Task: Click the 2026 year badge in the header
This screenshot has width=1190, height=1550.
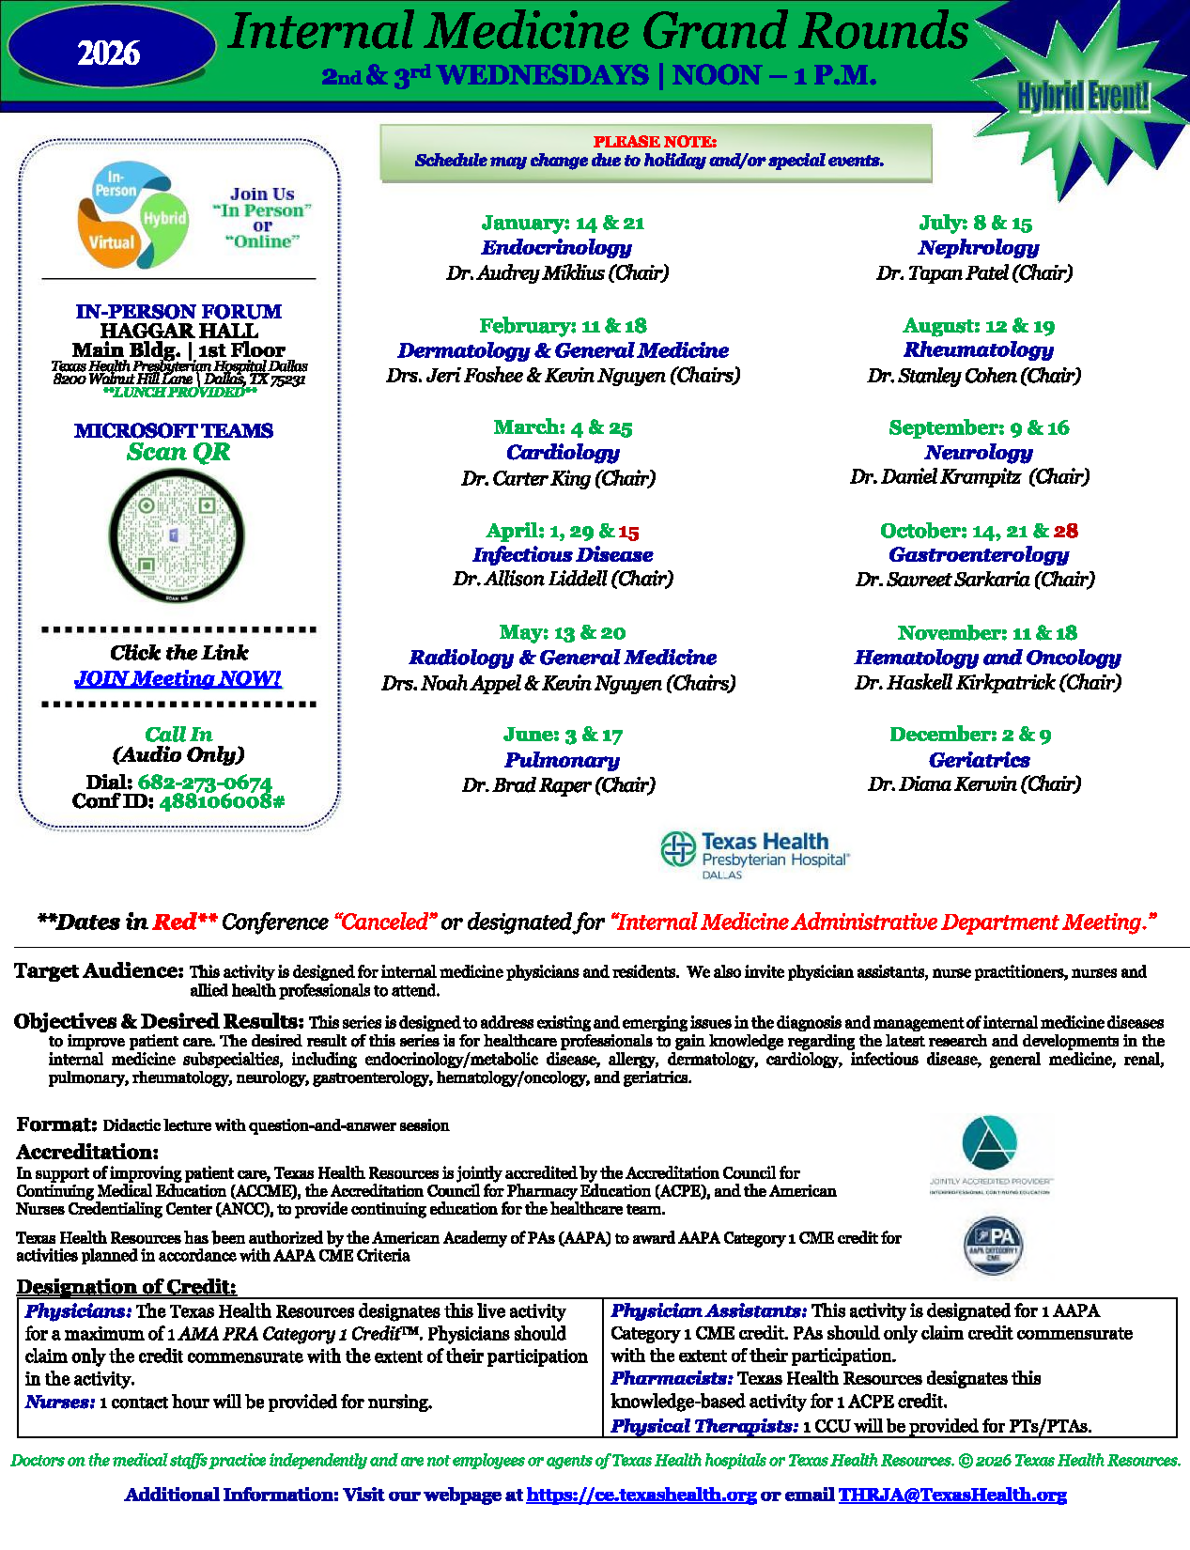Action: [109, 54]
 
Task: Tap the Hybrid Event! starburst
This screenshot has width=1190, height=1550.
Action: [1083, 96]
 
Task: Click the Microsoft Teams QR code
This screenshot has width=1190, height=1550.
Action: [177, 535]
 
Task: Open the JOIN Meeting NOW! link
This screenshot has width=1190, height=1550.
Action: [178, 678]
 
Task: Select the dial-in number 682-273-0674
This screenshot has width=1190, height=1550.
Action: [205, 783]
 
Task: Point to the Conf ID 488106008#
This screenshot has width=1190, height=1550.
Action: [222, 801]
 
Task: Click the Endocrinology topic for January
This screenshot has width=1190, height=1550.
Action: [556, 248]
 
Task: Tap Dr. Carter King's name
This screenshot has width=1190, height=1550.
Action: [558, 478]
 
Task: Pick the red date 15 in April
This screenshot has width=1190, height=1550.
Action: [628, 532]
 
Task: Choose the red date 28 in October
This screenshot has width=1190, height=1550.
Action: [1066, 531]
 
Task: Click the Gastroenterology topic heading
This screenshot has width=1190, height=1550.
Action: [978, 555]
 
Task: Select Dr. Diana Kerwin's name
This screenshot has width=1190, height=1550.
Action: [974, 784]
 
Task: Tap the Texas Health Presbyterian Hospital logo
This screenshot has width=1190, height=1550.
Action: [755, 853]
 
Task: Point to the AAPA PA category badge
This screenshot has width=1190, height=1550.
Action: [993, 1246]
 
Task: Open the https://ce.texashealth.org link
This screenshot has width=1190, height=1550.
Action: [641, 1495]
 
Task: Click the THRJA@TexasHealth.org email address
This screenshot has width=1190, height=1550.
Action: [952, 1495]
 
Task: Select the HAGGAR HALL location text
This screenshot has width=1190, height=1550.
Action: [178, 331]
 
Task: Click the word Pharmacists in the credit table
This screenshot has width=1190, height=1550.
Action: [672, 1378]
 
